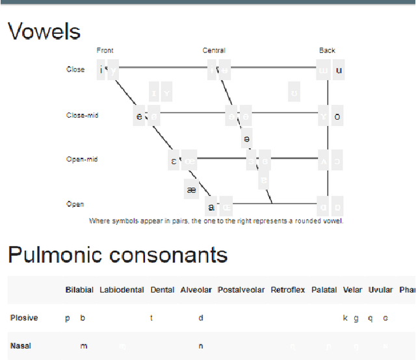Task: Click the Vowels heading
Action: click(44, 32)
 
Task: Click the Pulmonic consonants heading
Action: click(118, 255)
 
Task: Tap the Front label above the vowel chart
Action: click(105, 50)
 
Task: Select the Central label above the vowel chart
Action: click(214, 50)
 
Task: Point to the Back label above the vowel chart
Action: click(327, 50)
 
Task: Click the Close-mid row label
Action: click(83, 115)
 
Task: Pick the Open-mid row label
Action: click(82, 159)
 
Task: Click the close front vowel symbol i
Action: click(101, 70)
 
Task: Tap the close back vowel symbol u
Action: click(339, 70)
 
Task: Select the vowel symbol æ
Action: click(191, 190)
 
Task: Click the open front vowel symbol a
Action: click(211, 208)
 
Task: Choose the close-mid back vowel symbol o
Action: click(337, 117)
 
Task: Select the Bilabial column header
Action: click(79, 290)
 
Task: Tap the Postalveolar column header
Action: click(241, 290)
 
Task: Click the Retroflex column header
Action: click(288, 290)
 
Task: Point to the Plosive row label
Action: click(24, 318)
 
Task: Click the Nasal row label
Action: click(21, 346)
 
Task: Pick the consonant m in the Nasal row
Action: click(84, 346)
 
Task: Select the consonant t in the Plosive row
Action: click(151, 318)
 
